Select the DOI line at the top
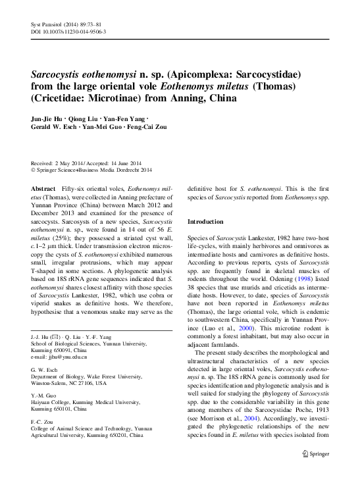click(69, 31)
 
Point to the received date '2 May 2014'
click(72, 163)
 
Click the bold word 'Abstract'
click(43, 188)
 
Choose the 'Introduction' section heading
click(205, 222)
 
